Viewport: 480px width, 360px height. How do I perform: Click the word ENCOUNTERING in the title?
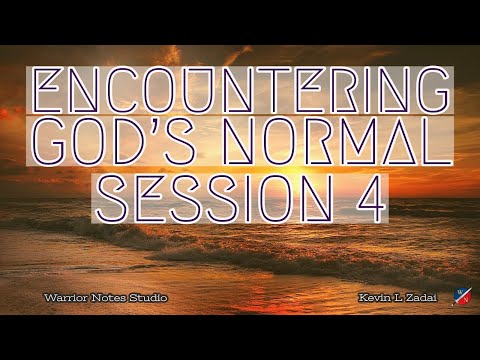pyautogui.click(x=240, y=92)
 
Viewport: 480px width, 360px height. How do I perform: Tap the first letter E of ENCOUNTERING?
pyautogui.click(x=53, y=92)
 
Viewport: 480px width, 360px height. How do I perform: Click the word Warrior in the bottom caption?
pyautogui.click(x=62, y=299)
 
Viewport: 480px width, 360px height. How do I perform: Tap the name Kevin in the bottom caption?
pyautogui.click(x=373, y=299)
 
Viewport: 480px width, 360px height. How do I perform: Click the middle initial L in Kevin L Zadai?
pyautogui.click(x=396, y=299)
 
